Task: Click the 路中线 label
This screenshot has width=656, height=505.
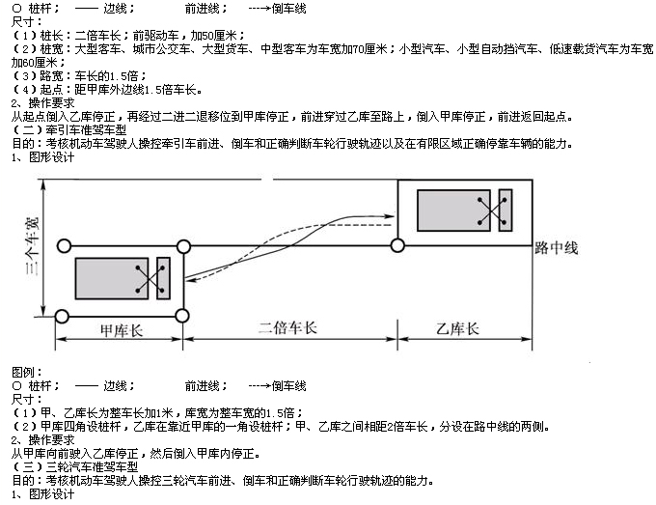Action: click(557, 248)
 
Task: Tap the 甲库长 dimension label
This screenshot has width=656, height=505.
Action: click(122, 330)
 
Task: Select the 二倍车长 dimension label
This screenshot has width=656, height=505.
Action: click(287, 328)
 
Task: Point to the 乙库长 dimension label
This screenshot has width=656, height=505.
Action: click(457, 328)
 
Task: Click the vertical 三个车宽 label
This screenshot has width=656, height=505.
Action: click(32, 246)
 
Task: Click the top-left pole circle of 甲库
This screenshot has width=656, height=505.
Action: click(64, 246)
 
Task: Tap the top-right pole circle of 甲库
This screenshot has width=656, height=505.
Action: click(183, 246)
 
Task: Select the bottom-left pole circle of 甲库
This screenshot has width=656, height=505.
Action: click(62, 316)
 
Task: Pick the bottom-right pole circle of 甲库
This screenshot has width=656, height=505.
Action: click(182, 316)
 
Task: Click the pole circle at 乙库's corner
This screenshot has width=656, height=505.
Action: click(397, 245)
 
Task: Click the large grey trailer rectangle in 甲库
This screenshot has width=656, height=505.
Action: click(112, 278)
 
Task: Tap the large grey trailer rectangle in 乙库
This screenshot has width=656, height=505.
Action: click(454, 210)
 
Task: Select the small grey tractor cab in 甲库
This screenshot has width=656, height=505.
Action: click(163, 278)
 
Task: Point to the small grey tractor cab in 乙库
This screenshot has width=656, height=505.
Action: click(506, 210)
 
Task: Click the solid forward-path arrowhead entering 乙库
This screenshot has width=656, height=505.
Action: click(390, 216)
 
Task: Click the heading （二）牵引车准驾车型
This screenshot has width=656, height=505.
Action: click(69, 129)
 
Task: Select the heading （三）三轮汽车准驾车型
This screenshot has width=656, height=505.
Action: click(75, 467)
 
